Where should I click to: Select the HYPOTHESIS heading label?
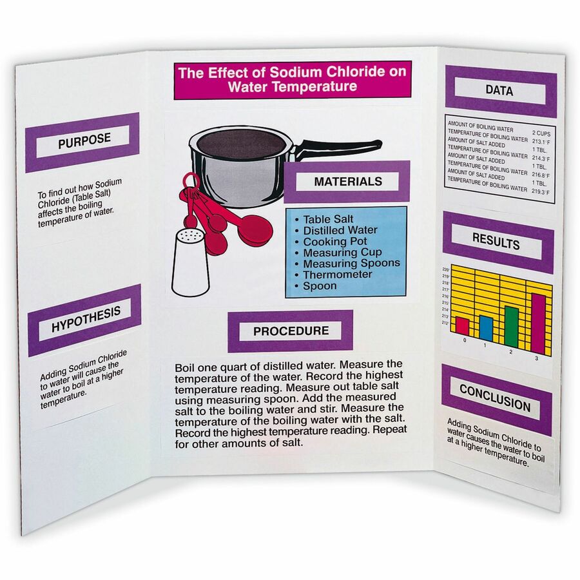(x=86, y=320)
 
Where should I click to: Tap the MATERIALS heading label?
(x=347, y=182)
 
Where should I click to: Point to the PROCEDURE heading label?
(x=291, y=331)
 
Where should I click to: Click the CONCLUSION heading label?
(x=495, y=398)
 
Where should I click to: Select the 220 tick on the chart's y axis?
(x=445, y=269)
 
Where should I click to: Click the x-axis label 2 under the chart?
(x=511, y=351)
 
